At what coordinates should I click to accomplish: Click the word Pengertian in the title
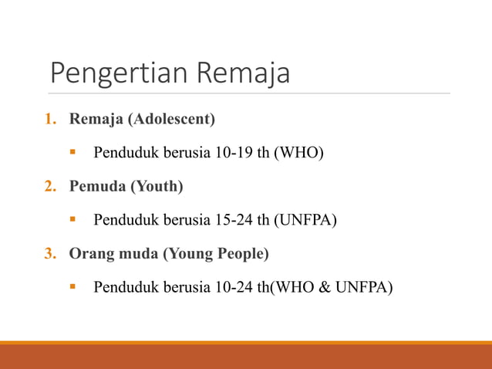coord(120,73)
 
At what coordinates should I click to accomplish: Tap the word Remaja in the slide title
coord(244,73)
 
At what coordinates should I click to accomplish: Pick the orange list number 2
coord(49,187)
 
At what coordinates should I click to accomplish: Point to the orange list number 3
coord(49,254)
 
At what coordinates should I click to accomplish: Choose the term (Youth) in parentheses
coord(155,187)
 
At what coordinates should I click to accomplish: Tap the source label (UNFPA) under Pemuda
coord(306,221)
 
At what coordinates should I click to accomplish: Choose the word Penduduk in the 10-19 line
coord(121,154)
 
